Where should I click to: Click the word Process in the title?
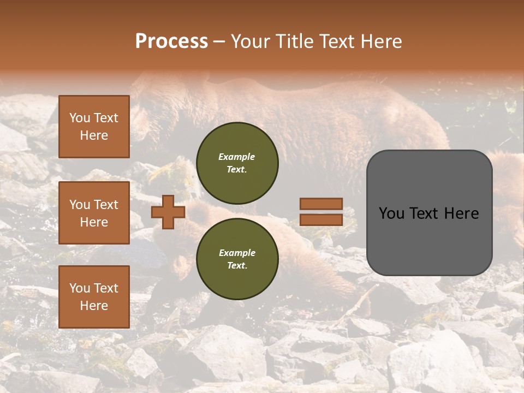[171, 41]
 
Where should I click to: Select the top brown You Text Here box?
[94, 127]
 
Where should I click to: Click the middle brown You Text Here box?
[94, 213]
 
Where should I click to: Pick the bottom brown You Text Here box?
[94, 297]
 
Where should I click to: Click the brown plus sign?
[168, 212]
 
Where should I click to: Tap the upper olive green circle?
[237, 163]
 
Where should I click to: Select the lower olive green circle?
[237, 259]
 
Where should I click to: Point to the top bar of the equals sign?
[321, 204]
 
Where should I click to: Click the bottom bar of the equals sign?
[321, 219]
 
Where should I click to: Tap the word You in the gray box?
[391, 213]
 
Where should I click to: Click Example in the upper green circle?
[236, 157]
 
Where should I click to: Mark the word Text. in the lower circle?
[237, 266]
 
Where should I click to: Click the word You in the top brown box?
[80, 118]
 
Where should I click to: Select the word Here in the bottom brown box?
[94, 306]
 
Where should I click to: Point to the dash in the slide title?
[219, 41]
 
